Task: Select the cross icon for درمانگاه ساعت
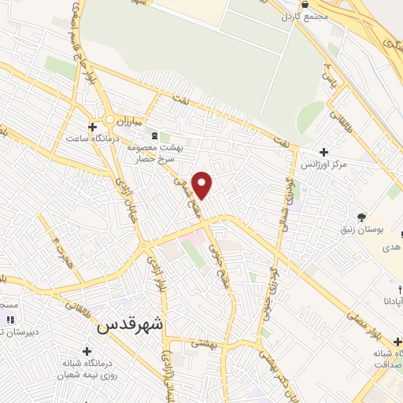[x=93, y=126]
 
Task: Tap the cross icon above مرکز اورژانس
[x=324, y=152]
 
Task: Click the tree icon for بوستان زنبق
[x=361, y=216]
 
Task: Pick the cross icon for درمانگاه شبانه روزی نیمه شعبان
[x=86, y=349]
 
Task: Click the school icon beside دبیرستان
[x=10, y=320]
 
